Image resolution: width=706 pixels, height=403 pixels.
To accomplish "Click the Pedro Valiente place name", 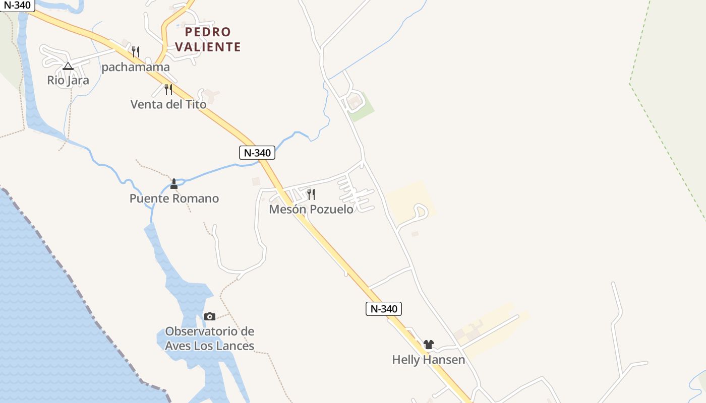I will pos(208,39).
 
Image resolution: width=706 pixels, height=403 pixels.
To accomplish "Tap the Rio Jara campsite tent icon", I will pos(68,66).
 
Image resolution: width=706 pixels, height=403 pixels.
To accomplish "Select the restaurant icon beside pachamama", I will pos(135,51).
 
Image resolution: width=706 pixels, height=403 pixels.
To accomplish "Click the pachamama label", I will pos(136,67).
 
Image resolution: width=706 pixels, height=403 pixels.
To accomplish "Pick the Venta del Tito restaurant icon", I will pos(168,90).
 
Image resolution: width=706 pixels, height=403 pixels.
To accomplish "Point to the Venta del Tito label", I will pos(168,104).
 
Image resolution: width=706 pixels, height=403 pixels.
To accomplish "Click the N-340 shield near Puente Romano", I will pos(257,153).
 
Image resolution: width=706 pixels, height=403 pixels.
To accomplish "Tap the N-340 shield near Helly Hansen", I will pos(383,309).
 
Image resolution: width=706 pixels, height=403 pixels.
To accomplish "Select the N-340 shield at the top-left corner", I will pos(17,6).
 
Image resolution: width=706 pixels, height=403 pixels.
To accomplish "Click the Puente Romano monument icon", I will pos(174,184).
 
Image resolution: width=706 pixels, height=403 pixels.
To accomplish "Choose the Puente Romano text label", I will pos(174,198).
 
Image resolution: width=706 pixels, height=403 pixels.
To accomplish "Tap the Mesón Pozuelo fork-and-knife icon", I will pos(311,194).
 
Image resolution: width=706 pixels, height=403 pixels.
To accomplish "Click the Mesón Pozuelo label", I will pos(311,209).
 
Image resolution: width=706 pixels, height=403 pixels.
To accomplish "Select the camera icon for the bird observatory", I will pos(210,316).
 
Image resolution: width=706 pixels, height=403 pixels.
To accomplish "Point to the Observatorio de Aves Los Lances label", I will pos(210,339).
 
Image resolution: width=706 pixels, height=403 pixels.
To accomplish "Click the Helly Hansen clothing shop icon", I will pos(429,345).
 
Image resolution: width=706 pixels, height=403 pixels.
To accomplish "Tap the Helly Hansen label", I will pos(429,360).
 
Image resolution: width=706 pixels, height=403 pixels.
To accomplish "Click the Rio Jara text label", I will pos(68,80).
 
